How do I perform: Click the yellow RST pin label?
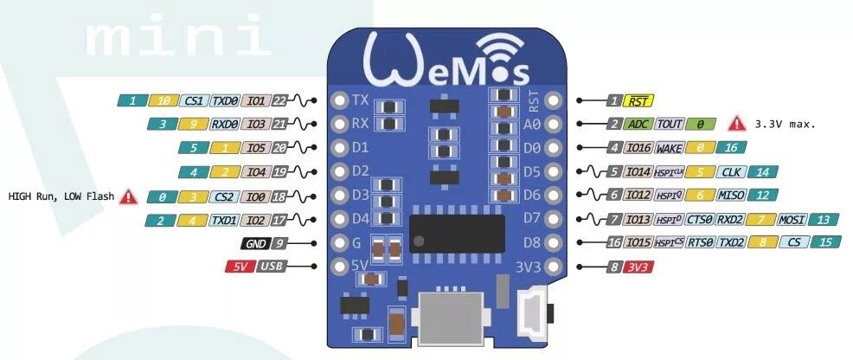tap(640, 101)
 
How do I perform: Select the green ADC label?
tap(639, 125)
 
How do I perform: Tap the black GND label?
tap(255, 244)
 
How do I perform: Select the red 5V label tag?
tap(240, 267)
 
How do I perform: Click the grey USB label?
tap(273, 267)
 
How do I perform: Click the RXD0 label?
tap(225, 125)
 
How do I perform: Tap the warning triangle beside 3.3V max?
tap(736, 124)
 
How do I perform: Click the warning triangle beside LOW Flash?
tap(128, 196)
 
